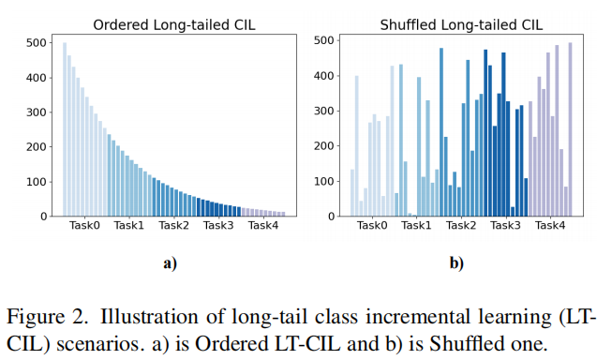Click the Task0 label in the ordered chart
tap(84, 226)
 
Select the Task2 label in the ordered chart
tap(174, 226)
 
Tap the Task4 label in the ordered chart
tap(263, 226)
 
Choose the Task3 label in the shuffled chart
tap(505, 226)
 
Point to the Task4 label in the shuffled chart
tap(549, 226)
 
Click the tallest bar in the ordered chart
tap(65, 129)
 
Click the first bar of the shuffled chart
tap(352, 193)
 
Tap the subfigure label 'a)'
tap(170, 263)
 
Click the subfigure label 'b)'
tap(456, 263)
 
